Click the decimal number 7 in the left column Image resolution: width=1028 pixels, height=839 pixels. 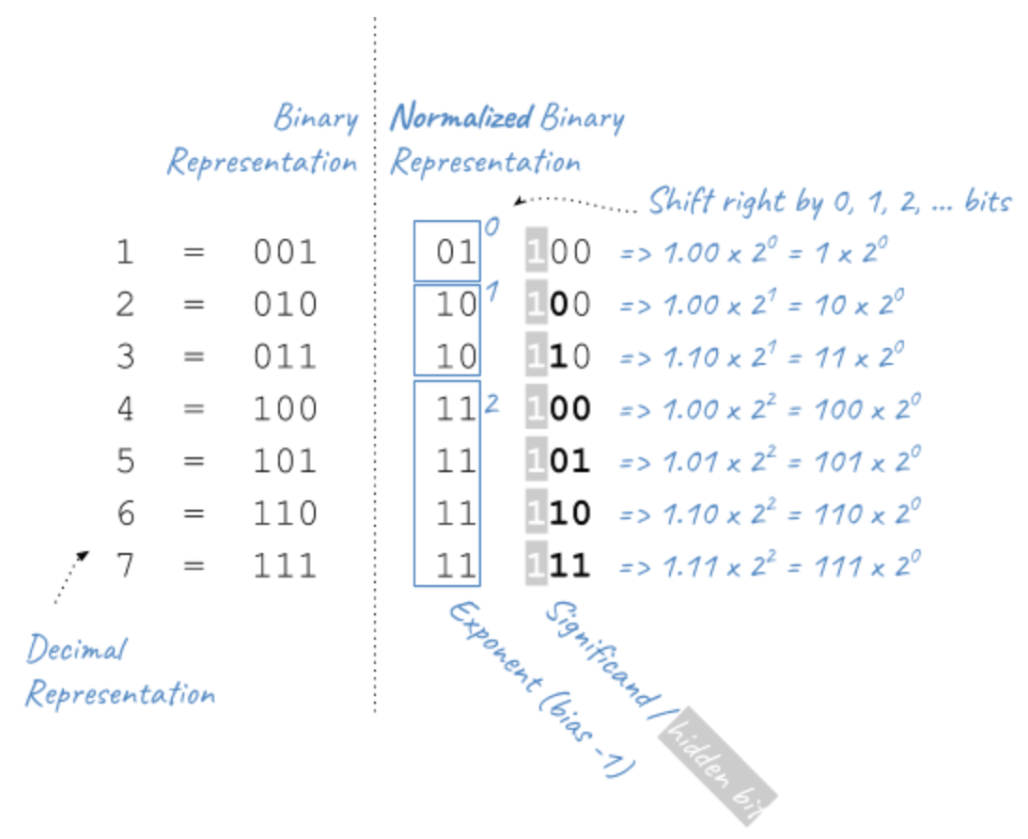pyautogui.click(x=125, y=565)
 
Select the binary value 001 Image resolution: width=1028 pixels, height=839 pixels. pyautogui.click(x=285, y=252)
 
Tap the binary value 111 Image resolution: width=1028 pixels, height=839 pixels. pyautogui.click(x=285, y=565)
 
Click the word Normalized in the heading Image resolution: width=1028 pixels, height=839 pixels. pyautogui.click(x=461, y=119)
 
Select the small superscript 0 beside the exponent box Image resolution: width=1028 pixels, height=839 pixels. pyautogui.click(x=490, y=227)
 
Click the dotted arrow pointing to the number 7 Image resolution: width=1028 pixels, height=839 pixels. pyautogui.click(x=70, y=576)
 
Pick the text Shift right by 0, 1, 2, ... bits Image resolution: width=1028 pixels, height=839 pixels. pyautogui.click(x=829, y=201)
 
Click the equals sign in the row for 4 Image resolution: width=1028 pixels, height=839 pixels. pyautogui.click(x=194, y=408)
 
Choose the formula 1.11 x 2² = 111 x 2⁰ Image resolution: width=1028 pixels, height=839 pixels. pyautogui.click(x=769, y=564)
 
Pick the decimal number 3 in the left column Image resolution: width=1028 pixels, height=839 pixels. pyautogui.click(x=125, y=356)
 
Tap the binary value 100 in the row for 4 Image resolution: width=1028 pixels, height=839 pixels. pyautogui.click(x=285, y=408)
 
